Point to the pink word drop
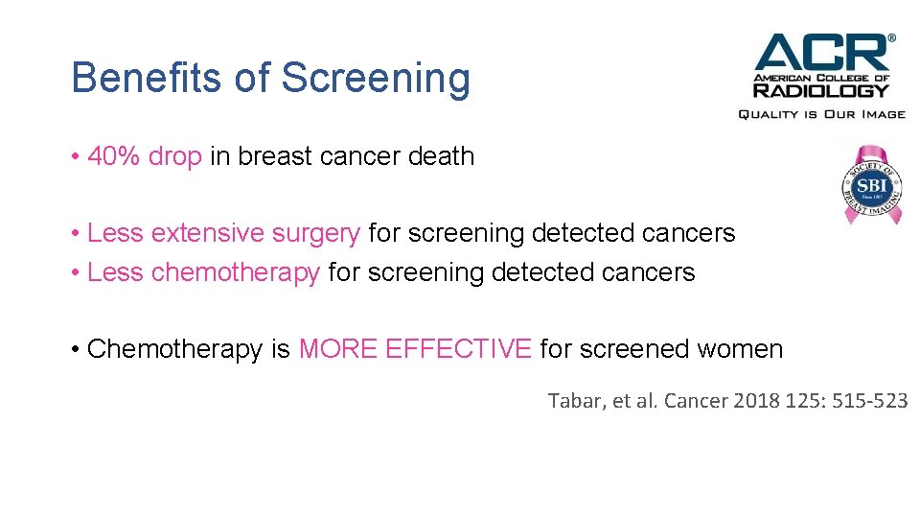(x=174, y=156)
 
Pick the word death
(x=439, y=156)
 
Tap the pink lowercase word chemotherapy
(x=235, y=272)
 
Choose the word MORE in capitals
(x=338, y=349)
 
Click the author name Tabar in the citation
(x=571, y=401)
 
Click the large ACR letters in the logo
(x=821, y=53)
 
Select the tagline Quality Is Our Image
(x=821, y=114)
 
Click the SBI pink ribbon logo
(x=869, y=182)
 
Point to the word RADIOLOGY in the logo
(x=821, y=90)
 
